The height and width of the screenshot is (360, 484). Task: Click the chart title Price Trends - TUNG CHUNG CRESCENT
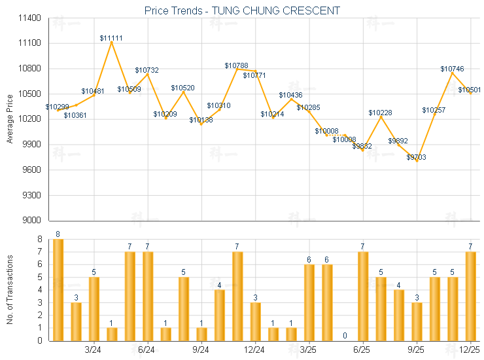coord(242,10)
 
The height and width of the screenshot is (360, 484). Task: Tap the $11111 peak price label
coord(111,39)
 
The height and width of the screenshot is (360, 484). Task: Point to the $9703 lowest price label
coord(416,157)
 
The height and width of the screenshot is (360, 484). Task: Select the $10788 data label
coord(236,65)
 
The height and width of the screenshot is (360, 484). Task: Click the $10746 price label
coord(452,69)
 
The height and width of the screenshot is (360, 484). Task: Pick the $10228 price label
coord(380,113)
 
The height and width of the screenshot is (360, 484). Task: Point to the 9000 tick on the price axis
coord(32,221)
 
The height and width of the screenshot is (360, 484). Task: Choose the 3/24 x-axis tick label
coord(94,349)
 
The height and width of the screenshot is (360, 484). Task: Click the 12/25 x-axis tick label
coord(470,349)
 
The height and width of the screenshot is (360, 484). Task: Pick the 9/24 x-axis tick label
coord(201,349)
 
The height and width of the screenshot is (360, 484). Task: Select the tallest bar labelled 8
coord(58,290)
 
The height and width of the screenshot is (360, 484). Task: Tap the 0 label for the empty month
coord(345,336)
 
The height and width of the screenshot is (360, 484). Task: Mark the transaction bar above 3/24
coord(94,309)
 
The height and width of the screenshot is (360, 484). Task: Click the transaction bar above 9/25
coord(416,321)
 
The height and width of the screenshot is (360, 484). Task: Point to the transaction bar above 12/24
coord(255,321)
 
